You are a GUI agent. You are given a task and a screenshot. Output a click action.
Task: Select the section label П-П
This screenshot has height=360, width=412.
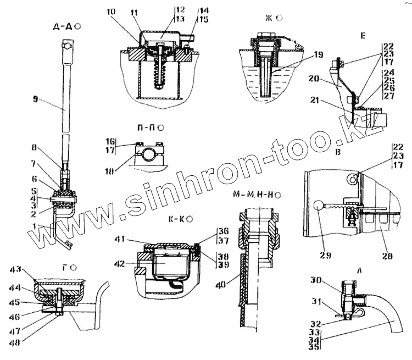tap(146, 129)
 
